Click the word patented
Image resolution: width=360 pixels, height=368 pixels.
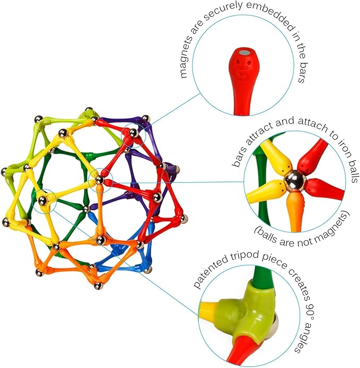point(208,276)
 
